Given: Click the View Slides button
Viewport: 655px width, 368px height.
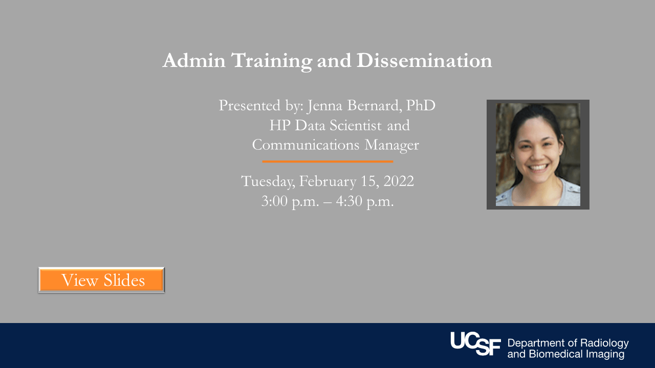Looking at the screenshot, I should pos(101,280).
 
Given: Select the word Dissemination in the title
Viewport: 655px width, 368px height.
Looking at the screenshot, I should pos(424,60).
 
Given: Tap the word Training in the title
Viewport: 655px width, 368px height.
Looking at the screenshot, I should pos(271,61).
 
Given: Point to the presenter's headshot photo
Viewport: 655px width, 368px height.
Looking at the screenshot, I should pos(538,154).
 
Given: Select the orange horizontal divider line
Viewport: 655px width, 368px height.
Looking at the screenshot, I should pos(327,162).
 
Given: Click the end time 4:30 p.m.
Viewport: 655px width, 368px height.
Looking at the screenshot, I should pos(365,201).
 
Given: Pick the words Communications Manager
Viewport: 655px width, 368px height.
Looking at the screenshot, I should pos(335,145).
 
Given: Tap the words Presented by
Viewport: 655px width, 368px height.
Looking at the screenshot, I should pos(261,106).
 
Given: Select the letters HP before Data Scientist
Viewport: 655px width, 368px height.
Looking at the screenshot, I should pos(279,125).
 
